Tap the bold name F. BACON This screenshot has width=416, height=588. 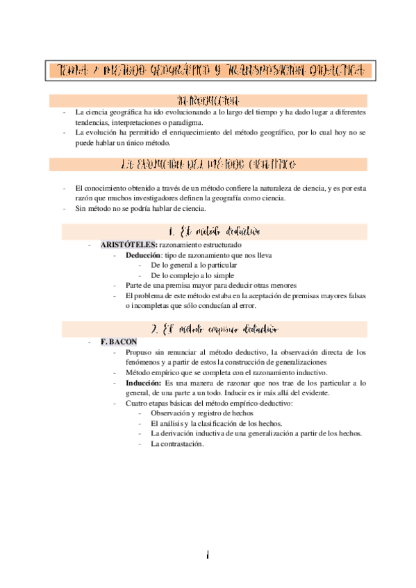[119, 342]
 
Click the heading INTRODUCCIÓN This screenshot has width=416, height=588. [209, 100]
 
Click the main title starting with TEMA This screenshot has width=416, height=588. [208, 70]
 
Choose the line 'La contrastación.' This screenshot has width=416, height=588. [177, 444]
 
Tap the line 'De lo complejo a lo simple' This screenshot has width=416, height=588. [191, 275]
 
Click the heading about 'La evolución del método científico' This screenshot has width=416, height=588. [209, 165]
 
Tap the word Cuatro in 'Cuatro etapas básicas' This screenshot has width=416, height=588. [136, 403]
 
